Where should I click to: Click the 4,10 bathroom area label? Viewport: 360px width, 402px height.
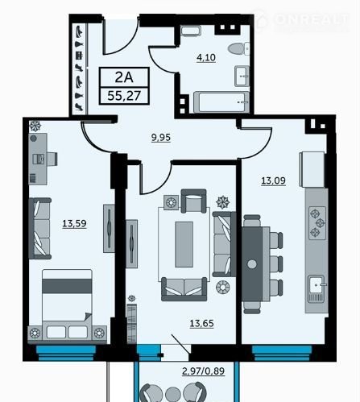click(206, 57)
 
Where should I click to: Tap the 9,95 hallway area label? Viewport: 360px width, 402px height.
click(161, 138)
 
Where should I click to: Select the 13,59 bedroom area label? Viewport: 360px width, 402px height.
click(74, 223)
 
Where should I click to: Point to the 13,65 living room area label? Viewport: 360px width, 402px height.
click(201, 323)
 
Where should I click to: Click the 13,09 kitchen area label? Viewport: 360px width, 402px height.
click(273, 180)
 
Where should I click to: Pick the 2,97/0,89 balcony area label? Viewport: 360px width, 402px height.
click(203, 371)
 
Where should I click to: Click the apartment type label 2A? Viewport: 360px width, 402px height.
click(124, 77)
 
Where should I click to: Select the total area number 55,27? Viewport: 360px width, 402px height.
click(124, 96)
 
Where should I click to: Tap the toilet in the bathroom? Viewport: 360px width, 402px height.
click(238, 48)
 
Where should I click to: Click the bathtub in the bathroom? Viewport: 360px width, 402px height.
click(221, 102)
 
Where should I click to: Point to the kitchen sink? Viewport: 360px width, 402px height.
click(317, 285)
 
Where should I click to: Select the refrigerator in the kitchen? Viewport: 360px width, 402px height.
click(313, 170)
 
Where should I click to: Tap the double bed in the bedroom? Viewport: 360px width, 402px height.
click(67, 306)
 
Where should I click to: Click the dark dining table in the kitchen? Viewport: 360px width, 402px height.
click(252, 264)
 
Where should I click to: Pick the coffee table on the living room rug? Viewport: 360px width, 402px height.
click(184, 244)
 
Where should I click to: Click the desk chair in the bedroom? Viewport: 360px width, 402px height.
click(52, 159)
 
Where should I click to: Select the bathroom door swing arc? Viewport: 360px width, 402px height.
click(162, 60)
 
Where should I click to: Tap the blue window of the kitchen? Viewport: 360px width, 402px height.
click(282, 353)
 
